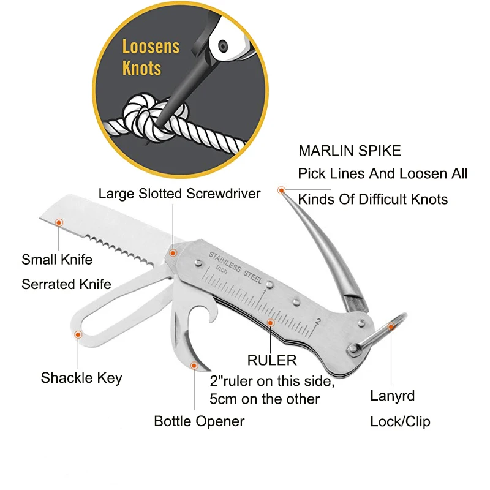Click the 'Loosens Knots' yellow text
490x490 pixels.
coord(151,57)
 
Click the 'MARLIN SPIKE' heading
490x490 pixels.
coord(350,151)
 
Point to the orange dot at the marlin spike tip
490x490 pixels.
coord(281,190)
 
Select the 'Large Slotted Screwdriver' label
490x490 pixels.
coord(179,194)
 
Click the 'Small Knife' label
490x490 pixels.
coord(57,259)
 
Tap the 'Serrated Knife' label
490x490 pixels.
coord(66,284)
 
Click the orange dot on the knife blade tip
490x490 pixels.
coord(59,222)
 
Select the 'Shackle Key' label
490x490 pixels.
coord(81,378)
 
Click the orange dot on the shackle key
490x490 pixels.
coord(78,334)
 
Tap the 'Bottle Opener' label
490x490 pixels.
coord(199,421)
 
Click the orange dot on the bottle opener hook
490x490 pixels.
coord(194,366)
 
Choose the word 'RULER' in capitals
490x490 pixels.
coord(272,360)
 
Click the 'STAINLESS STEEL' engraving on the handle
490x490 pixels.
coord(235,268)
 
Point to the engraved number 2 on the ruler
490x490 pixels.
coord(318,321)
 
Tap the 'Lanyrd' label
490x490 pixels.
coord(393,396)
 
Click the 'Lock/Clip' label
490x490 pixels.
coord(401,421)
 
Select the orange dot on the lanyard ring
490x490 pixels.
coord(391,327)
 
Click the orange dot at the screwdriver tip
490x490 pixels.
coord(173,253)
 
